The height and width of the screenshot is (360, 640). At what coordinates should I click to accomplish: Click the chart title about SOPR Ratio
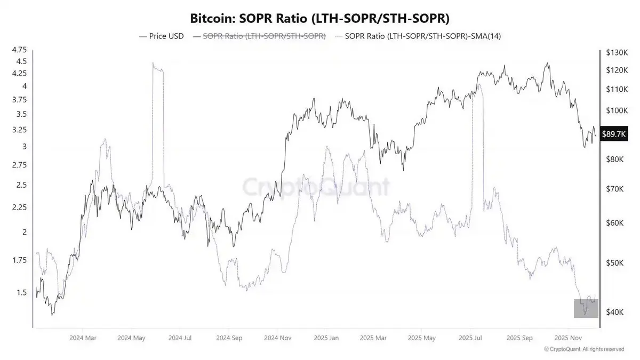coord(319,18)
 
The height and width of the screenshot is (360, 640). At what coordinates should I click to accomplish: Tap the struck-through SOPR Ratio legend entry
coord(260,36)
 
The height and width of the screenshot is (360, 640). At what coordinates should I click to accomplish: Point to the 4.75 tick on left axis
coord(19,50)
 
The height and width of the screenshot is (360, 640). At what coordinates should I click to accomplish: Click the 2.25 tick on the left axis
coord(19,207)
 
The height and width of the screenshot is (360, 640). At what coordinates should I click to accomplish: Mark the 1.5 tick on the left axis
coord(21,292)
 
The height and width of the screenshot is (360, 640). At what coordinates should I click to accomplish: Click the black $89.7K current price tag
coord(613,134)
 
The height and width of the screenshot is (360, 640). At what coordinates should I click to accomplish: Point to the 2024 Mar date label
coord(84,338)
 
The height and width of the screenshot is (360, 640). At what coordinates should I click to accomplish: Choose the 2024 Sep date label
coord(230,338)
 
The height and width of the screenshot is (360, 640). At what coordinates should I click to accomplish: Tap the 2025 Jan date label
coord(327,338)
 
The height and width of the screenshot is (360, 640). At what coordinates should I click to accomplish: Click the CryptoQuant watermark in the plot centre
coord(316,187)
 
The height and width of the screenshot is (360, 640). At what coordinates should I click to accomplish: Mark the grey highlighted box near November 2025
coord(586,308)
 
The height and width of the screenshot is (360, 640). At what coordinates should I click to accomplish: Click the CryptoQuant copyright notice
coord(584,349)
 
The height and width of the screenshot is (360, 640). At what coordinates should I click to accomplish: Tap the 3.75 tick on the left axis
coord(19,100)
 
